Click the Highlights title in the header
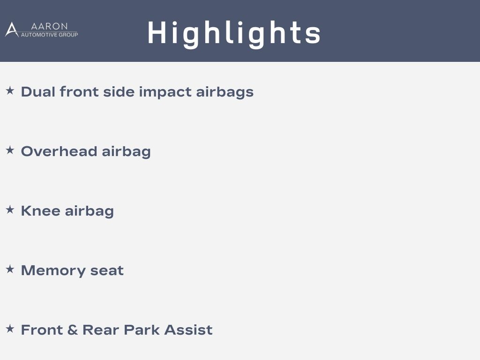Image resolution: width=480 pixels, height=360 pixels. click(234, 34)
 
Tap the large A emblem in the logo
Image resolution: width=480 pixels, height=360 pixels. click(12, 30)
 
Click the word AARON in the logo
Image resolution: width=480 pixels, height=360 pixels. click(49, 26)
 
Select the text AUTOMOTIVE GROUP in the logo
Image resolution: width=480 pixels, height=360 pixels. click(49, 35)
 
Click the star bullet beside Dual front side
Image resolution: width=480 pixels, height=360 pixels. click(10, 90)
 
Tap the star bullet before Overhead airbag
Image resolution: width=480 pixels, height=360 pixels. click(10, 150)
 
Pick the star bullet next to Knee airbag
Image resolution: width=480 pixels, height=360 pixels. click(10, 210)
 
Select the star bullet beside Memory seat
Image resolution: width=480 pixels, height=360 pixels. click(10, 269)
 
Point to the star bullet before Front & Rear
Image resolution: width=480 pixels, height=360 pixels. click(10, 329)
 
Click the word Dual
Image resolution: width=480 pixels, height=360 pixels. click(38, 92)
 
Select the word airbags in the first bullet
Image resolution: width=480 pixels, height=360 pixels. click(225, 92)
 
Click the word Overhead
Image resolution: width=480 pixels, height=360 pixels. click(59, 151)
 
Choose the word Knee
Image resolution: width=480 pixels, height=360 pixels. click(40, 211)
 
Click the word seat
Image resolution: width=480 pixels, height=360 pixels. click(107, 271)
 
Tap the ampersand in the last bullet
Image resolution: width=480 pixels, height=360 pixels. click(72, 330)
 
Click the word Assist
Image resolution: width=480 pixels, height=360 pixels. click(188, 330)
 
